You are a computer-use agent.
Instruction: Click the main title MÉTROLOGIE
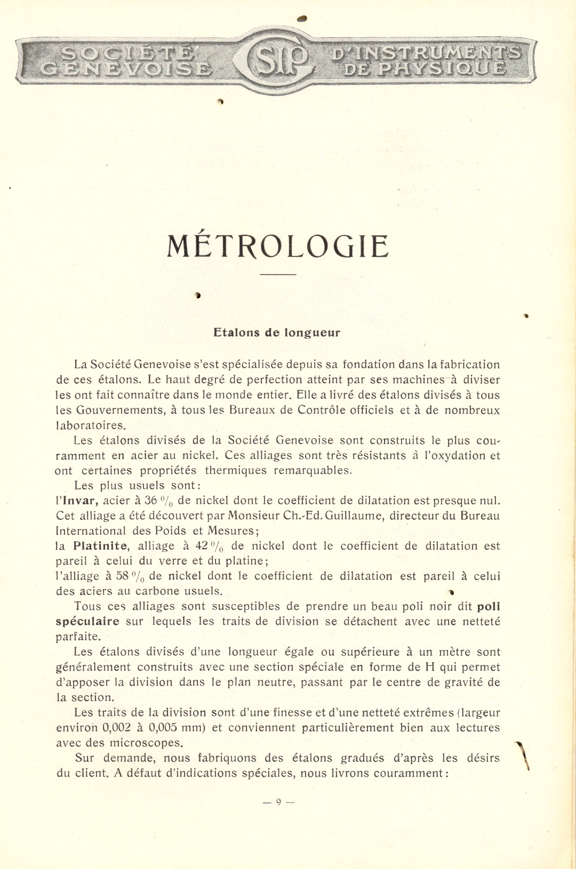click(x=277, y=247)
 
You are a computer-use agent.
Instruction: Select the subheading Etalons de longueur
click(x=276, y=333)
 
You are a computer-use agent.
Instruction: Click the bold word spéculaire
click(x=87, y=621)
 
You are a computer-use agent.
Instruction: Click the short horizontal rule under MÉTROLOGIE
click(x=277, y=275)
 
